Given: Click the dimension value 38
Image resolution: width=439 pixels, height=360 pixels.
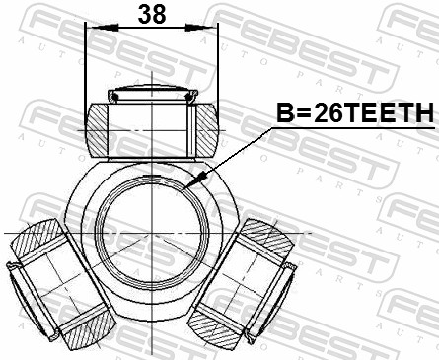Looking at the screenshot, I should [x=151, y=14].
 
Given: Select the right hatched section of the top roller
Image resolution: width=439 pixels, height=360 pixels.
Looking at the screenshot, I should [x=205, y=125].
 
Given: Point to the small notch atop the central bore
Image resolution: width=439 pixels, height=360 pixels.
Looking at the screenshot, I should [x=151, y=177].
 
